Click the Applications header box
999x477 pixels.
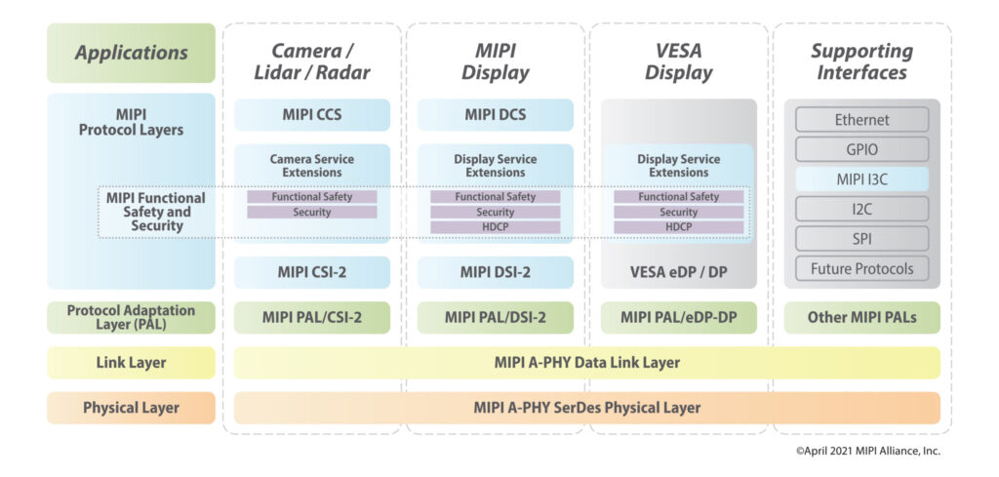point(131,53)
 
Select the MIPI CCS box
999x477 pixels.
point(311,115)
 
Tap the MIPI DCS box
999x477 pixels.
point(495,115)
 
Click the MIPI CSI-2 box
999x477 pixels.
point(311,272)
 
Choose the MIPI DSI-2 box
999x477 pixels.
point(495,272)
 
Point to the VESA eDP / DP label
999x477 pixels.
point(678,272)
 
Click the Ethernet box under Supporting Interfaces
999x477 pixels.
point(861,120)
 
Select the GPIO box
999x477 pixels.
point(861,149)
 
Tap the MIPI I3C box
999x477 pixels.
point(861,179)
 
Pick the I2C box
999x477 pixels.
point(861,209)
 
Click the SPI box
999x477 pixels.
point(861,238)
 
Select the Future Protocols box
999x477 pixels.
point(861,268)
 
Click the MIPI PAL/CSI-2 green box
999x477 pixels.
point(311,317)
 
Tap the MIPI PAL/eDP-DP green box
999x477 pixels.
point(678,317)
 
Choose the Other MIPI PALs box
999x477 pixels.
point(861,317)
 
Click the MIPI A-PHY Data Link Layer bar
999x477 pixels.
point(586,363)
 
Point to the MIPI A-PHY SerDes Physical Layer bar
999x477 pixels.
point(586,408)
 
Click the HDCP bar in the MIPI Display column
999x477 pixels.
point(495,227)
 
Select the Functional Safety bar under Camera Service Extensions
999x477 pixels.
point(311,197)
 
